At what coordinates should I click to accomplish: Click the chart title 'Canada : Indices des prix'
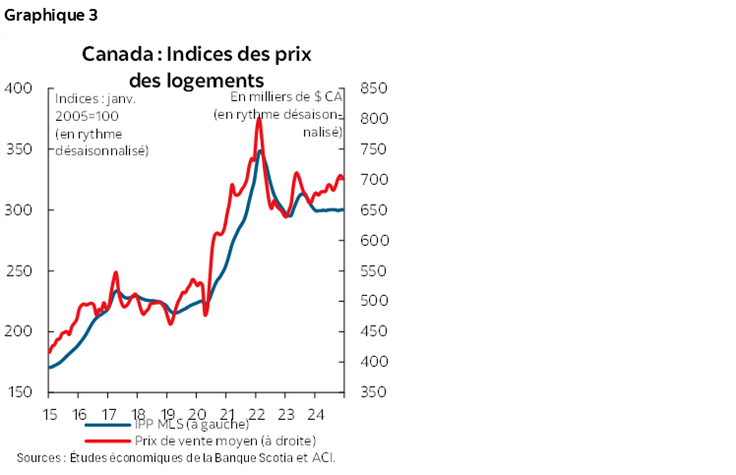pos(196,53)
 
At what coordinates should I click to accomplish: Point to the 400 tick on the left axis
pos(20,89)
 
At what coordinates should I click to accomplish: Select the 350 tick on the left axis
pos(20,149)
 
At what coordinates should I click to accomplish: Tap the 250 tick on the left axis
pos(20,270)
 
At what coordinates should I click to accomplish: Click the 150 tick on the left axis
pos(20,392)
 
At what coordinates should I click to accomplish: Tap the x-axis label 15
pos(48,413)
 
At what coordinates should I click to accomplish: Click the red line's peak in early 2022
pos(259,119)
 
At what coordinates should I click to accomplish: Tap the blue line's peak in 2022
pos(260,150)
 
